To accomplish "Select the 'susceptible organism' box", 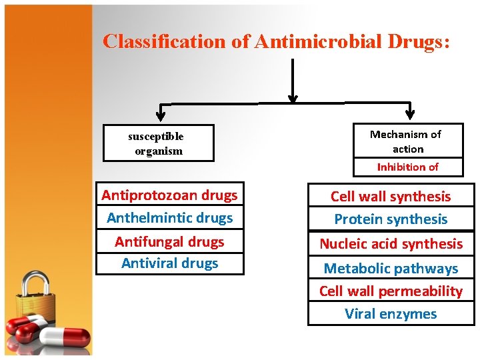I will (x=158, y=143).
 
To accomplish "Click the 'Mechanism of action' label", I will (x=406, y=141).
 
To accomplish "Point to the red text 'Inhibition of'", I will (x=407, y=167).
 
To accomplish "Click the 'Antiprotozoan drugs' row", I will (x=169, y=195).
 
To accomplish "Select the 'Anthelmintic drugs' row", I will (x=169, y=218).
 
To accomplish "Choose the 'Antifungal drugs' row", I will (x=169, y=241).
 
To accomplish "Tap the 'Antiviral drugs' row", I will (x=169, y=263).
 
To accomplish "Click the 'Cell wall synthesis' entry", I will (x=391, y=197).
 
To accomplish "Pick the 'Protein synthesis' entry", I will (x=391, y=219).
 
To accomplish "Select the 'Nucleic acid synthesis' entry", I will (x=391, y=244).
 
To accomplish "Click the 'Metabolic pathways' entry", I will (x=391, y=269).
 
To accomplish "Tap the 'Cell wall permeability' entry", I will (x=391, y=291).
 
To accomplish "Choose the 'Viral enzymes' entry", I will (x=391, y=314).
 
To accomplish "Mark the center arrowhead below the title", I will (x=292, y=97).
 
